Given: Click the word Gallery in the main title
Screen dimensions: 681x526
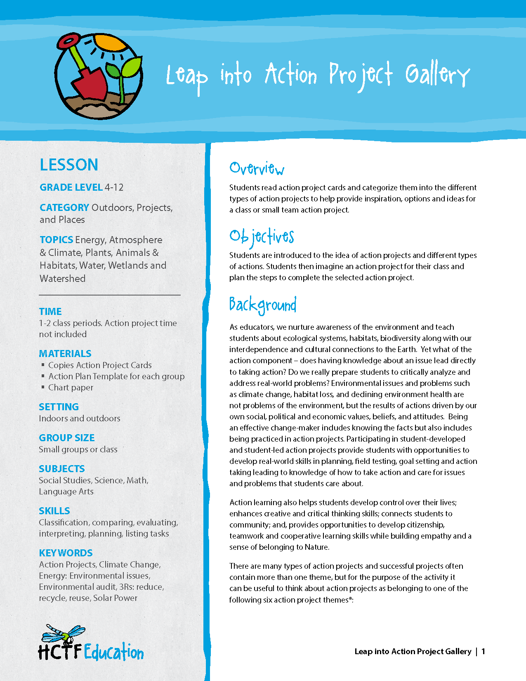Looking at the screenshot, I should (x=437, y=75).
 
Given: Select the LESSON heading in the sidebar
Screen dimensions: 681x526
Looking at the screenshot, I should (x=69, y=165).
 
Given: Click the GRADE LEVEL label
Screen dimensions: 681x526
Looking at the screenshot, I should (x=71, y=187).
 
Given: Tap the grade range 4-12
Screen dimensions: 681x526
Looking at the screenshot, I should (x=114, y=187).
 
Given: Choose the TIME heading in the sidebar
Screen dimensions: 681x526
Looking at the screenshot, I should (x=50, y=312).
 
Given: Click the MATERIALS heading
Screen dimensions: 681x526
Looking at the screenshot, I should (x=65, y=354).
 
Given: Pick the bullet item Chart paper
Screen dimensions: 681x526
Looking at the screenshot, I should (x=71, y=388).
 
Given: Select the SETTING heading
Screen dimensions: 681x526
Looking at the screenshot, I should (x=59, y=407).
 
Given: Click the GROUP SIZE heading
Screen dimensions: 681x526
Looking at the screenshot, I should (x=67, y=438).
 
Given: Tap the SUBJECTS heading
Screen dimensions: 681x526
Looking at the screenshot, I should (x=62, y=469).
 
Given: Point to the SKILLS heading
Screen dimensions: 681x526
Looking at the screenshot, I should (x=54, y=511).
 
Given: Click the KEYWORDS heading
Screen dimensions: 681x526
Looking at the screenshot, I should (x=66, y=553).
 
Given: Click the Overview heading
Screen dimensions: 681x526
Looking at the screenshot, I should (x=257, y=168).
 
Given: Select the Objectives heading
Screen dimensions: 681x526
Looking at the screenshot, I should (x=262, y=237).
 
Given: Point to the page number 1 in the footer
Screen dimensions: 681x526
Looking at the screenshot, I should (x=484, y=651).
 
